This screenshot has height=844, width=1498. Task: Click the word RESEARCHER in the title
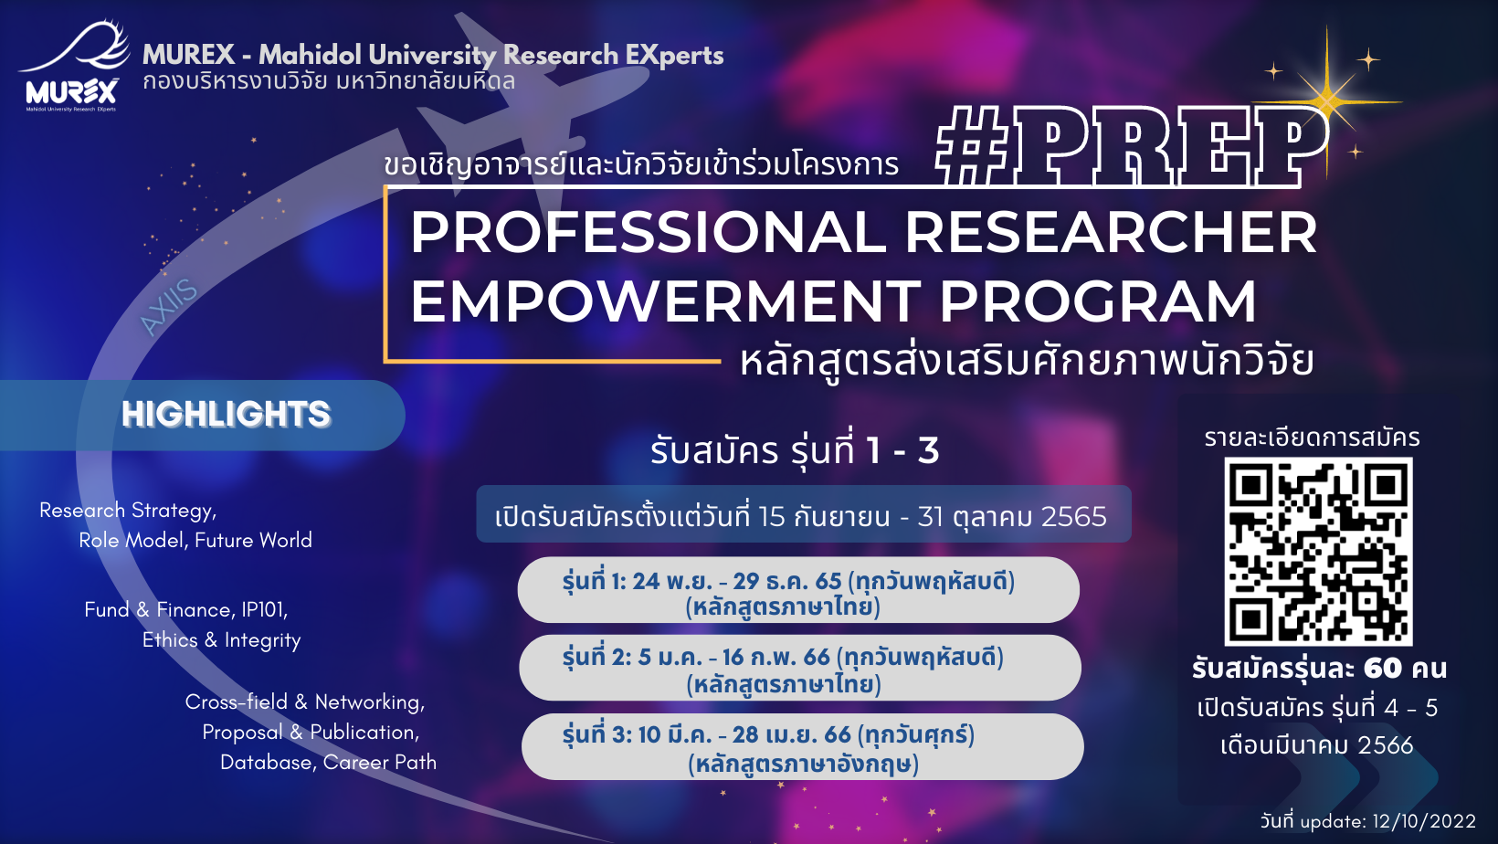pos(1111,232)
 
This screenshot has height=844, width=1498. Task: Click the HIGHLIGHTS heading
pos(226,414)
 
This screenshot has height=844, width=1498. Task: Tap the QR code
pos(1318,552)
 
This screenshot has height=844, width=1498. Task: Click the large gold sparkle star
pos(1327,101)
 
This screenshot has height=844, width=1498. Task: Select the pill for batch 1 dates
pos(798,590)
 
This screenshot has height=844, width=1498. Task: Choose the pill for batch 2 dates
pos(800,668)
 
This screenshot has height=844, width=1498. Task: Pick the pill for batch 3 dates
pos(803,746)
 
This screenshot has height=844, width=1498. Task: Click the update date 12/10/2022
pos(1424,821)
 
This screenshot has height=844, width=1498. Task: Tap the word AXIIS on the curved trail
pos(168,306)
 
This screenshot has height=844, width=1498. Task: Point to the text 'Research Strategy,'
pos(128,511)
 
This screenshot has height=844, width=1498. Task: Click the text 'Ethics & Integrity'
pos(221,640)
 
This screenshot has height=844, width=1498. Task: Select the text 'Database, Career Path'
pos(328,762)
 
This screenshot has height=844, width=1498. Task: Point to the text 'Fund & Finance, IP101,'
pos(186,609)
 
